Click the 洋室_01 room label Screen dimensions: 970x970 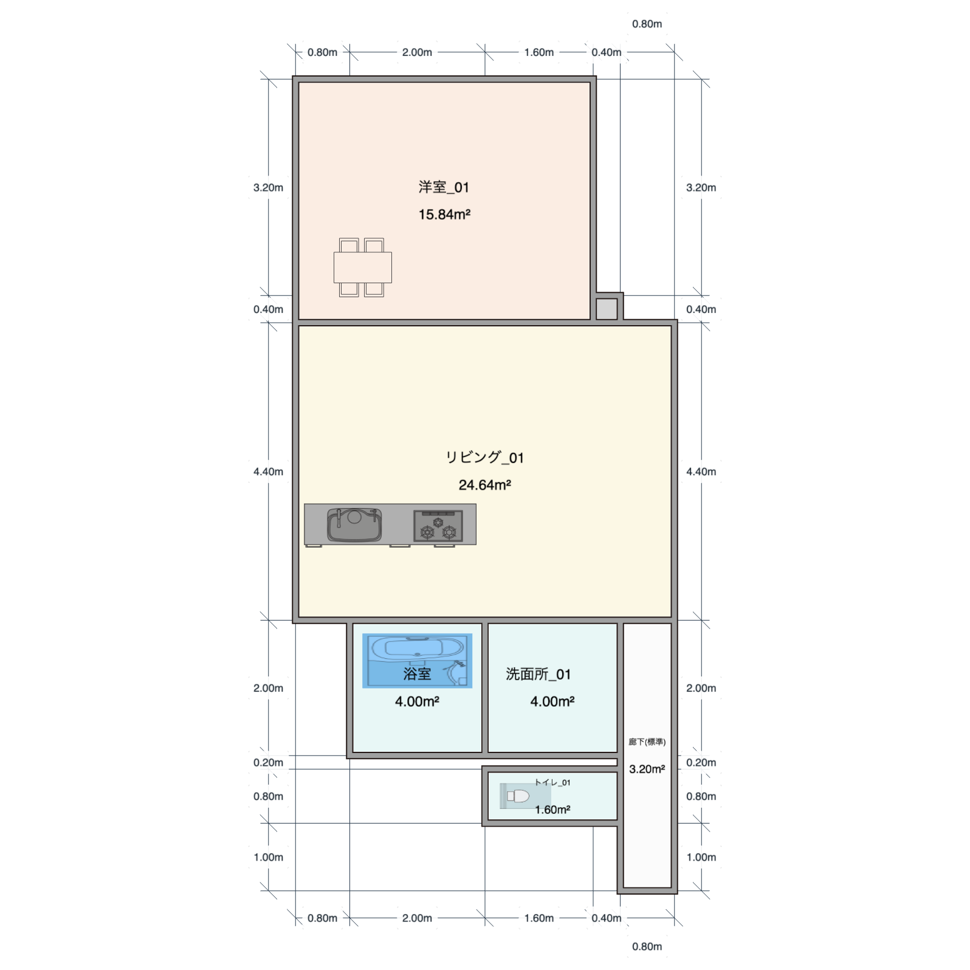click(x=444, y=187)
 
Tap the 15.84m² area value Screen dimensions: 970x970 click(x=444, y=215)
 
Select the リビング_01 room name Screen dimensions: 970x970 click(x=484, y=458)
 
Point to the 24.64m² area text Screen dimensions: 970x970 click(x=484, y=485)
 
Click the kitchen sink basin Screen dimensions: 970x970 click(x=354, y=525)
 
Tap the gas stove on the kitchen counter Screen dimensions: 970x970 click(x=438, y=526)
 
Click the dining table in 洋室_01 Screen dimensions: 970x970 click(x=362, y=267)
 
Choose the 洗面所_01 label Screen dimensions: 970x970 click(x=538, y=674)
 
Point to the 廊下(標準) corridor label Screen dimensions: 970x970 click(x=647, y=742)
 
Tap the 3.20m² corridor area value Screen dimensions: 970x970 click(x=647, y=769)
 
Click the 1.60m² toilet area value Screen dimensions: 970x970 click(x=552, y=810)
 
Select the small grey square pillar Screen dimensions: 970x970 click(x=607, y=309)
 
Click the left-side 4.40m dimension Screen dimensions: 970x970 click(x=268, y=472)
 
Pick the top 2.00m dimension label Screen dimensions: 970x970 click(x=417, y=52)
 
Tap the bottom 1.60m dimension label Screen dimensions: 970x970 click(x=539, y=918)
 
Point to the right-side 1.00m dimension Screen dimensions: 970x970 click(x=701, y=858)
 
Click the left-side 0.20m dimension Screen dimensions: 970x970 click(x=268, y=763)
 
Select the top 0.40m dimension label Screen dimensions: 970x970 click(x=607, y=52)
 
